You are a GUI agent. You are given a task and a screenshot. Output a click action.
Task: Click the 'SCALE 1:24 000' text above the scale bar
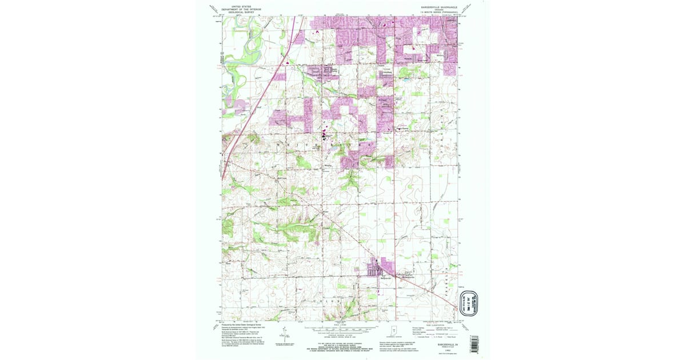point(341,324)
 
